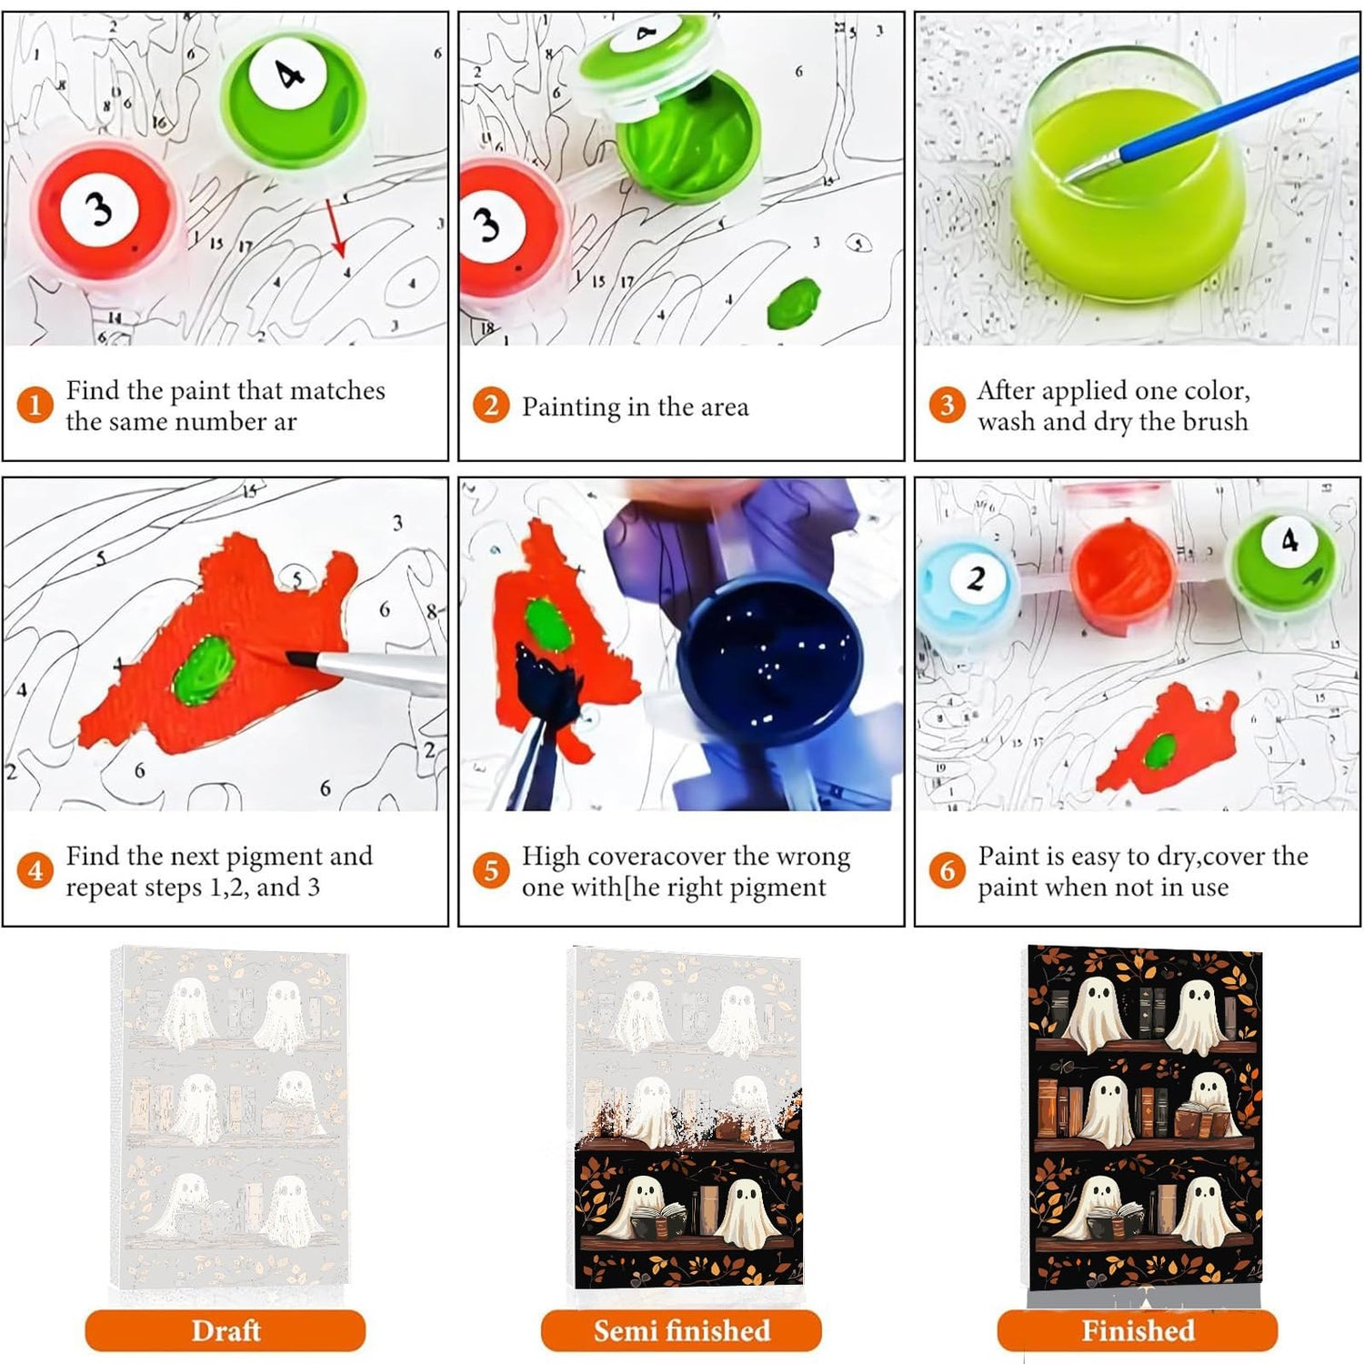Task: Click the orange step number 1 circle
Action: pyautogui.click(x=35, y=405)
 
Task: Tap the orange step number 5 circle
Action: pyautogui.click(x=491, y=870)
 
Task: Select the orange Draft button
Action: pyautogui.click(x=226, y=1330)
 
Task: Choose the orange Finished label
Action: pyautogui.click(x=1138, y=1330)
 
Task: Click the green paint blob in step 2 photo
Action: pyautogui.click(x=793, y=303)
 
